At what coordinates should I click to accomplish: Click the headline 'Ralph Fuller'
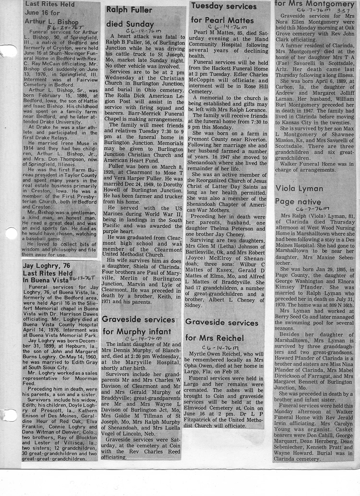pyautogui.click(x=129, y=10)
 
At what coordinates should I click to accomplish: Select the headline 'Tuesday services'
pyautogui.click(x=223, y=7)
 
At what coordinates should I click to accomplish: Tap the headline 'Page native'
pyautogui.click(x=297, y=202)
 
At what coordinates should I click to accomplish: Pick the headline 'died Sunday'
pyautogui.click(x=130, y=24)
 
